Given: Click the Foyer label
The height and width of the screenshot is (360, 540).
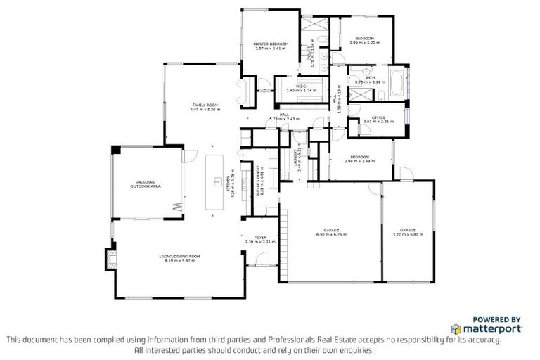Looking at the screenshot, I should [259, 238].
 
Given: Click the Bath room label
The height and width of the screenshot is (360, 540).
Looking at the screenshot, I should [370, 78].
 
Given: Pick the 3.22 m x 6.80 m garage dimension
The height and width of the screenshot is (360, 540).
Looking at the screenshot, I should [408, 234].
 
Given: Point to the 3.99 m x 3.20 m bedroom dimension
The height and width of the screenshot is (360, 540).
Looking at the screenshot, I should [364, 43].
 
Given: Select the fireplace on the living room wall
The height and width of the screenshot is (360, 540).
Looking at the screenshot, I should [109, 258].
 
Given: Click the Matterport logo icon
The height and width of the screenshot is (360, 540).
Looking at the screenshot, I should [456, 328].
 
